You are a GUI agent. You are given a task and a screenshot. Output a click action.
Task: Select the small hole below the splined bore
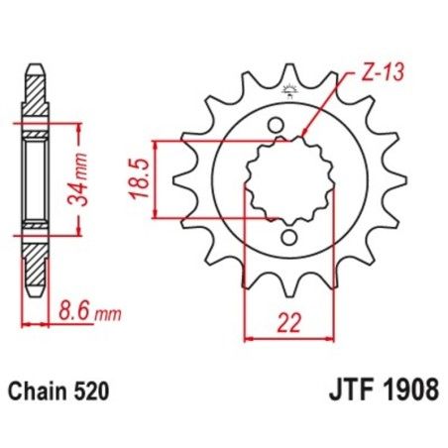[x=288, y=238]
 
